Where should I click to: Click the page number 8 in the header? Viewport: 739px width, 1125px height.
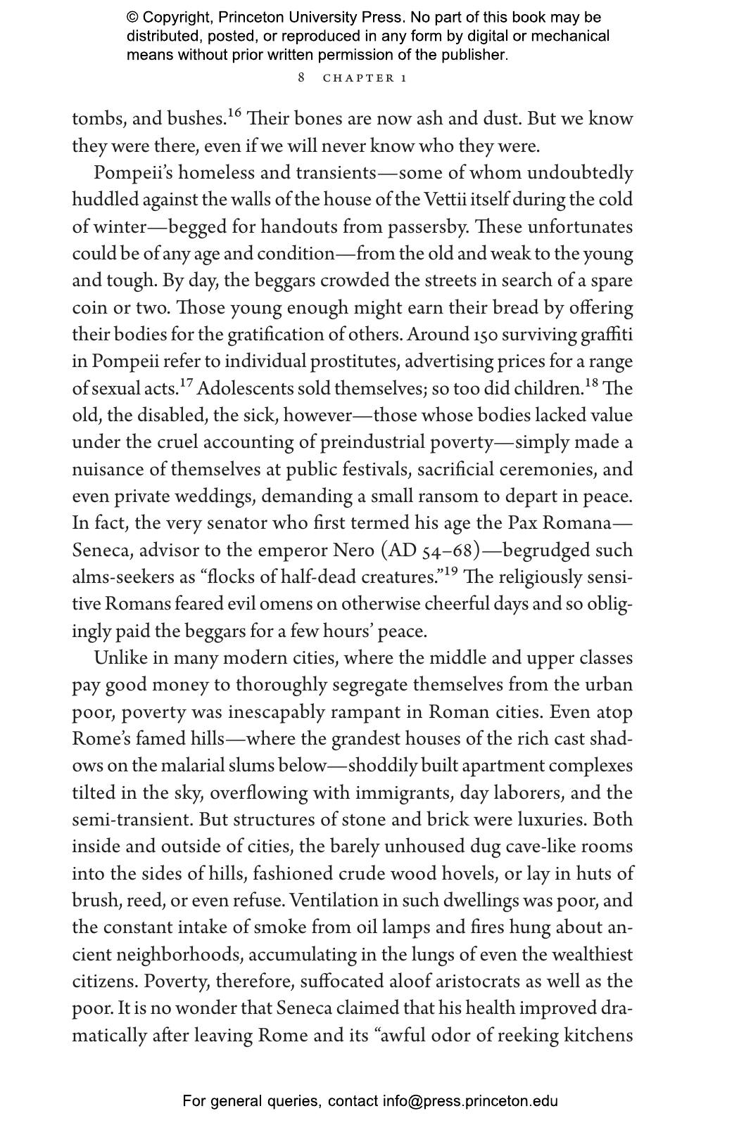click(301, 77)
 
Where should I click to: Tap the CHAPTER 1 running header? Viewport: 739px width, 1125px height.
click(365, 78)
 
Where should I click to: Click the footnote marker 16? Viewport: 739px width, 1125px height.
click(234, 112)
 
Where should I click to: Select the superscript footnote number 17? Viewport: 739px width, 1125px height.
click(186, 382)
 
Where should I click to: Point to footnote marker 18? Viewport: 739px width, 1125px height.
click(592, 382)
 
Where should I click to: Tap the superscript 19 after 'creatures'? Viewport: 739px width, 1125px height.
click(450, 571)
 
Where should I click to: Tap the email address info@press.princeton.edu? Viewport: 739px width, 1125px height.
click(470, 1101)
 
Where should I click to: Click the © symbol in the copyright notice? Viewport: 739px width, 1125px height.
click(132, 18)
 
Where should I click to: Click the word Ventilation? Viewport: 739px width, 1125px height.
click(333, 901)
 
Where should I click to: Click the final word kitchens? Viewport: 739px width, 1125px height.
click(598, 1036)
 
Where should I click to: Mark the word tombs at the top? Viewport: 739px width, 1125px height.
click(96, 120)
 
